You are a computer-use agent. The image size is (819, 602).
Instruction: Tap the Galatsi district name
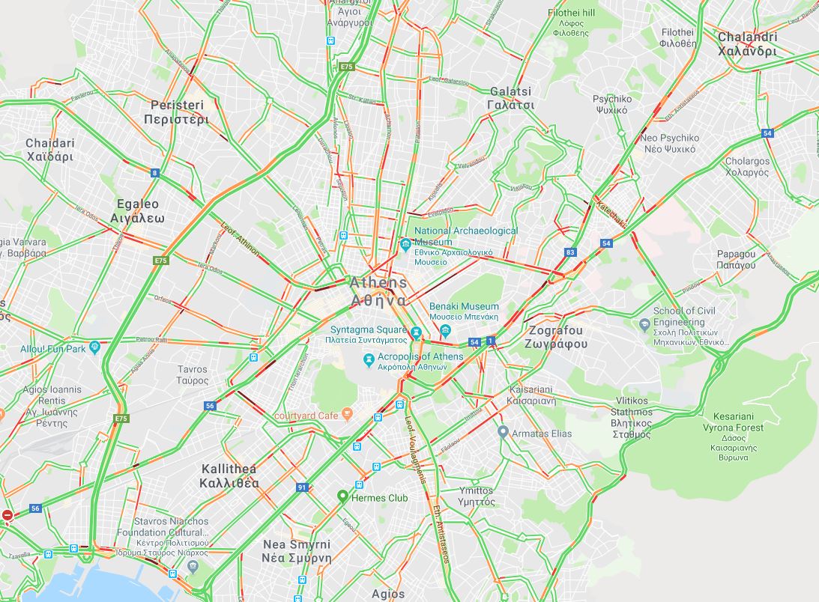[x=511, y=98]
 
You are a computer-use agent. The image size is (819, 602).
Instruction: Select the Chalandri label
[x=747, y=44]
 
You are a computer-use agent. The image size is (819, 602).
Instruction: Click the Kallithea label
[x=230, y=475]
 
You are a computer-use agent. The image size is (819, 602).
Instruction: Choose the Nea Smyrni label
[x=297, y=551]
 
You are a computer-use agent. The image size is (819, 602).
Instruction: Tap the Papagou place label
[x=736, y=259]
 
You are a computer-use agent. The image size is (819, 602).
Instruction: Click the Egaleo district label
[x=137, y=210]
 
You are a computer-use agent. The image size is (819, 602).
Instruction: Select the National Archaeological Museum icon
[x=405, y=243]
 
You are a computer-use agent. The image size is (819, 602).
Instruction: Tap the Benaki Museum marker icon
[x=446, y=330]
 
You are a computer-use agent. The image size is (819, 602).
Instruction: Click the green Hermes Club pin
[x=342, y=496]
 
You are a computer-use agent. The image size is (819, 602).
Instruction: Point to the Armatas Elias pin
[x=504, y=433]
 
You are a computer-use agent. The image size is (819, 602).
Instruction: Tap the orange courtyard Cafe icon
[x=347, y=414]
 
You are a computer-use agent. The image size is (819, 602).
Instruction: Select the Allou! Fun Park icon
[x=94, y=347]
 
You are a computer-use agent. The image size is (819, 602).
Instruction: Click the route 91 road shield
[x=302, y=487]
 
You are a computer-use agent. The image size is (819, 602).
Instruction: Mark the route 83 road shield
[x=571, y=252]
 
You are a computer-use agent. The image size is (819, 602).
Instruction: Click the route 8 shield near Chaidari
[x=155, y=173]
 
